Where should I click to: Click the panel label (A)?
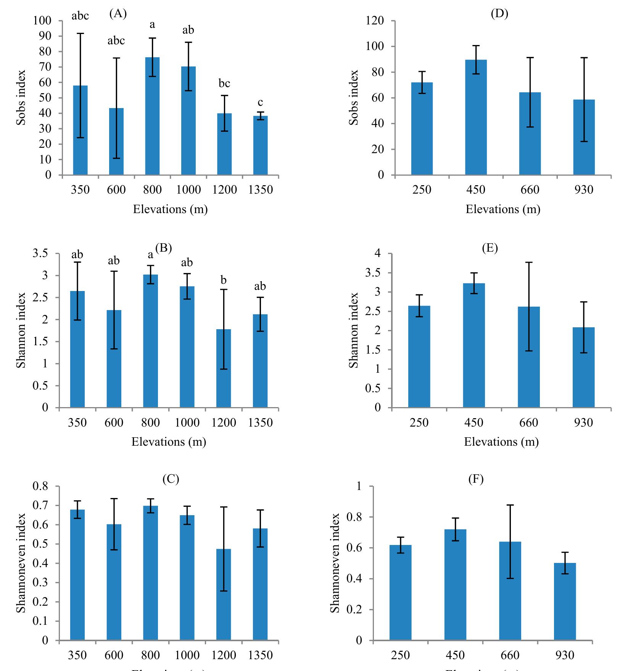tap(118, 14)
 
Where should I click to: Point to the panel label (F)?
tap(476, 479)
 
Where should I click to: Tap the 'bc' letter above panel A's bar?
tap(224, 83)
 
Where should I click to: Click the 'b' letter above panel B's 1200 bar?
tap(224, 281)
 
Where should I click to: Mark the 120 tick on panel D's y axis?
tap(375, 21)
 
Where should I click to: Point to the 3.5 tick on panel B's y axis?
tap(41, 254)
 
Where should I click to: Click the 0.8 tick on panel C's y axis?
tap(41, 487)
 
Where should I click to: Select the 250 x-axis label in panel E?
tap(419, 422)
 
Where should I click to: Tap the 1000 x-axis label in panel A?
tap(188, 189)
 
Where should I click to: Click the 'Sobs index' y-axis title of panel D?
tap(354, 97)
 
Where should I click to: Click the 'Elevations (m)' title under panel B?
tap(169, 442)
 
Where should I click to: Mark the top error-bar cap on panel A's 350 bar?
tap(80, 34)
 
